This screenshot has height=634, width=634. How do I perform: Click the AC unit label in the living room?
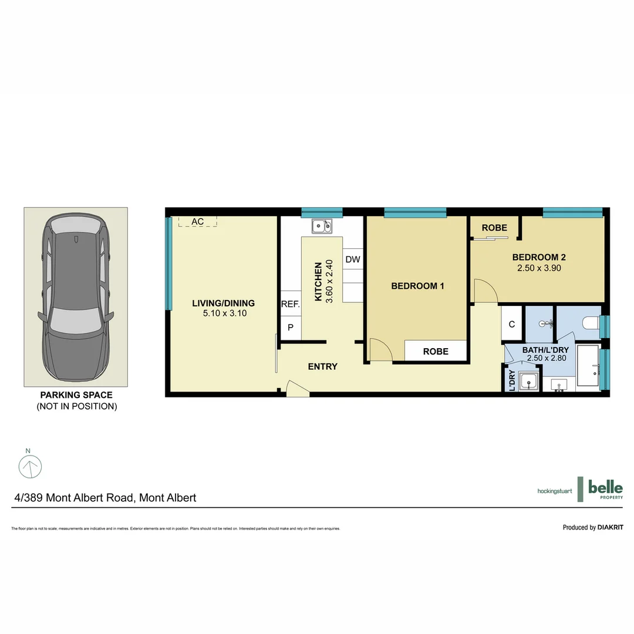(x=198, y=221)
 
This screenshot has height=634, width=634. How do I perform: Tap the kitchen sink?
(x=321, y=225)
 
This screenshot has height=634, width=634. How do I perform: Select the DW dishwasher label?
(x=352, y=259)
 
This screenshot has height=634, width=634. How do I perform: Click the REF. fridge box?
(x=291, y=304)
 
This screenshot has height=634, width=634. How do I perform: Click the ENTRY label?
(x=323, y=366)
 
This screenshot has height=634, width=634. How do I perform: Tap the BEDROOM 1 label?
(x=417, y=286)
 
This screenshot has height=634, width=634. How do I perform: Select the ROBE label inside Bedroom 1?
(x=436, y=351)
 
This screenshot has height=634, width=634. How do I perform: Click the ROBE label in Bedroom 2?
(x=494, y=228)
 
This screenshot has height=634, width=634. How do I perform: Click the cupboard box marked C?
(x=512, y=323)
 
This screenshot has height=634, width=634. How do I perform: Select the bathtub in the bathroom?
(x=588, y=366)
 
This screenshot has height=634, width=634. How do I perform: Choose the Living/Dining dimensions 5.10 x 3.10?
(x=223, y=314)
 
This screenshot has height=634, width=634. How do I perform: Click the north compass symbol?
(x=30, y=466)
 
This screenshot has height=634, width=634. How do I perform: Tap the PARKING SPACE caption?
(x=76, y=395)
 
